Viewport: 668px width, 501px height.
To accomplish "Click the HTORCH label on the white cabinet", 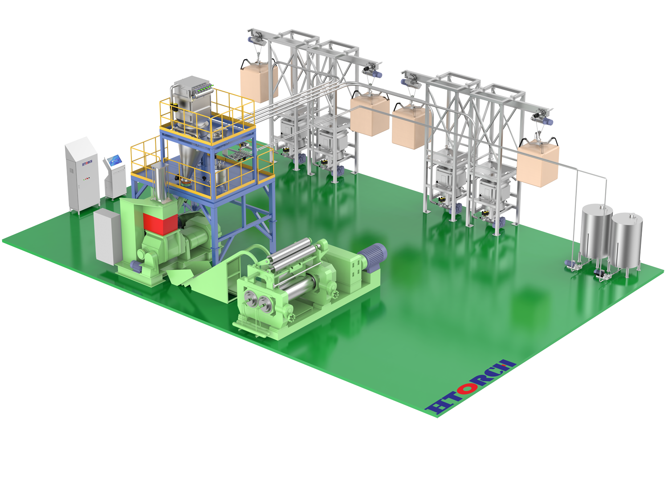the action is pos(87,163).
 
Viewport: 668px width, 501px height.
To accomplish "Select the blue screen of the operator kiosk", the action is pos(115,159).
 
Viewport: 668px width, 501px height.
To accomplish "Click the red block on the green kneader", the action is pos(160,224).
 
